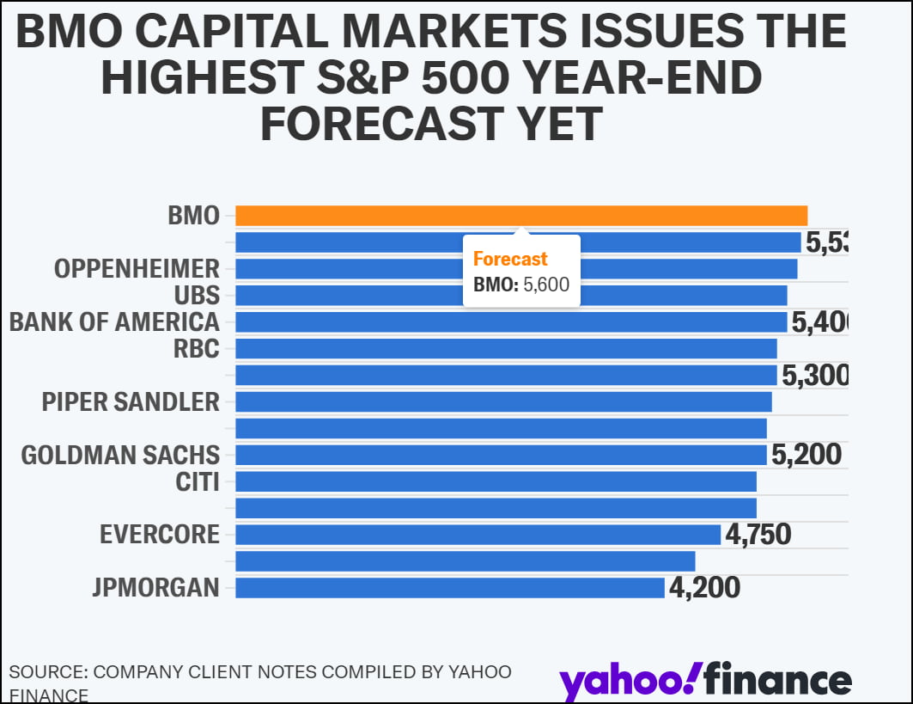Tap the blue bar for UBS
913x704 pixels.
tap(687, 296)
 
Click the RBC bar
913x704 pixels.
tap(506, 349)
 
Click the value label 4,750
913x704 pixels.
tap(758, 535)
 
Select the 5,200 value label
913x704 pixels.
tap(806, 455)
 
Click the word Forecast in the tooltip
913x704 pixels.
tap(510, 260)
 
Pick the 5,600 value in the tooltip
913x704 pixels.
tap(546, 285)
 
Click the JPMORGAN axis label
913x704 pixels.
tap(155, 588)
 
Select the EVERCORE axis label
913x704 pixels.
tap(160, 535)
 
